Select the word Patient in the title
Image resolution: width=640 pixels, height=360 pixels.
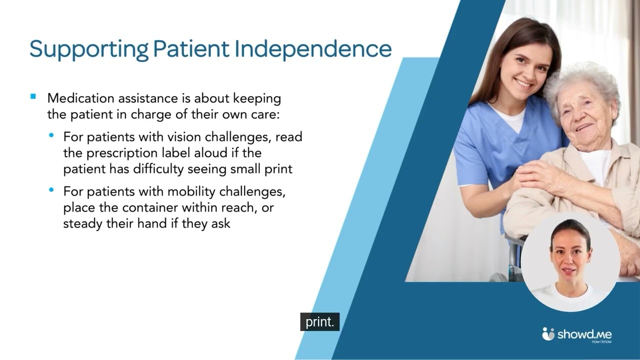[191, 48]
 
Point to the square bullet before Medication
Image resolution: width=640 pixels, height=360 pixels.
[33, 96]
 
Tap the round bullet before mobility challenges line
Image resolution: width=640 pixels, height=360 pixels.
[51, 190]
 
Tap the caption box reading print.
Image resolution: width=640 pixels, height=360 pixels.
[319, 322]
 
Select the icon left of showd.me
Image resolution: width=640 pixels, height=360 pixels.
[548, 333]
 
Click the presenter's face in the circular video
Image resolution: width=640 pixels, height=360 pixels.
[570, 252]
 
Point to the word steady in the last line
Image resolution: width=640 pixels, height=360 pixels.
[80, 223]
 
